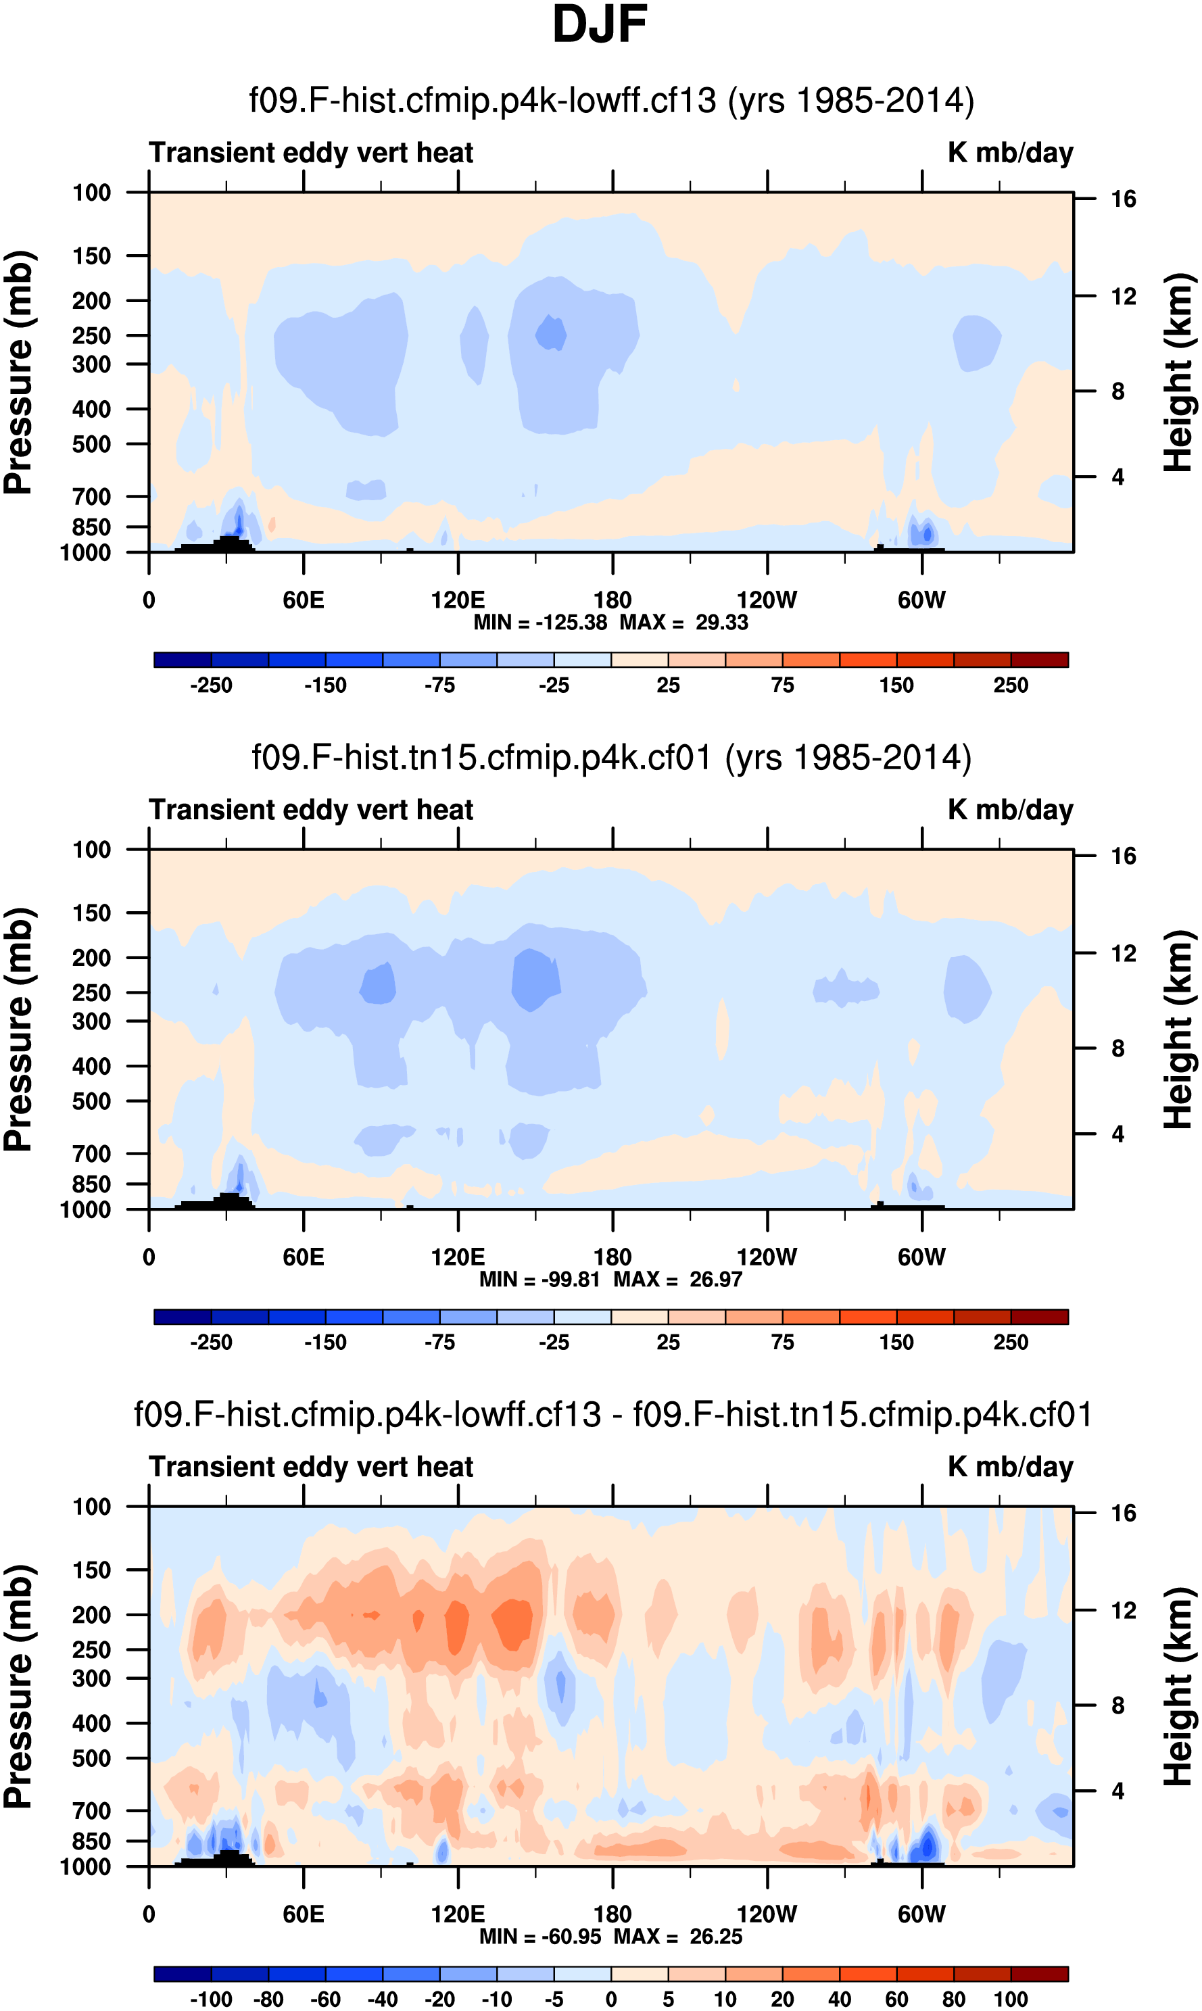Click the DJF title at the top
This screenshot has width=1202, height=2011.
(x=600, y=25)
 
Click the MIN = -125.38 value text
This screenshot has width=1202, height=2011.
(x=540, y=623)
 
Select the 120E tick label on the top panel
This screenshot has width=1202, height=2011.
(x=458, y=600)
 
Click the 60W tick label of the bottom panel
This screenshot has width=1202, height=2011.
(x=921, y=1914)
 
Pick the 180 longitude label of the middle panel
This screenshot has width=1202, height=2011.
(x=612, y=1257)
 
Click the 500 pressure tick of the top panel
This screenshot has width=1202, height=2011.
(x=91, y=445)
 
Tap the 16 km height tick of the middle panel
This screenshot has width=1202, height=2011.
(x=1124, y=856)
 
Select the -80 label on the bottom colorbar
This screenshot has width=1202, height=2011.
(x=268, y=1999)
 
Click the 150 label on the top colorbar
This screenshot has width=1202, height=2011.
(x=896, y=685)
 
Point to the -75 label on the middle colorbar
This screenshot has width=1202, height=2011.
(x=440, y=1342)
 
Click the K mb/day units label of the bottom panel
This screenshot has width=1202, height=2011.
(x=1010, y=1467)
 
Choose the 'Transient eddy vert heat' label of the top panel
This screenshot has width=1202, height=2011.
(x=311, y=152)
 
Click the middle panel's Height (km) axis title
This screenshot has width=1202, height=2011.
(x=1178, y=1029)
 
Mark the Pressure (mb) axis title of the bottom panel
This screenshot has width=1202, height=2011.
(x=18, y=1687)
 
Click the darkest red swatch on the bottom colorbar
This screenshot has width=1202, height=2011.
(x=1039, y=1974)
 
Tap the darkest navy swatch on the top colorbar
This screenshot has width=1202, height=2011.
(x=183, y=659)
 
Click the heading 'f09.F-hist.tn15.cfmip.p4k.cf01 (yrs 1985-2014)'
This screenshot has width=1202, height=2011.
(x=612, y=758)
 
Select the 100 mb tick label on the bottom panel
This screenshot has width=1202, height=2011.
(x=91, y=1507)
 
